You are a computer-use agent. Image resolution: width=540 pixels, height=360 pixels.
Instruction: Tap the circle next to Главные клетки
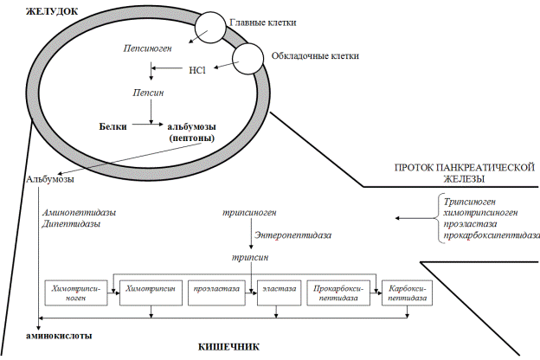tap(210, 27)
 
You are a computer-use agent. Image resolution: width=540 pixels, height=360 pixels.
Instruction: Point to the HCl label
tap(196, 69)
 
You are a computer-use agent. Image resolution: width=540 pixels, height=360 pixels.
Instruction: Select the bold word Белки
tap(113, 127)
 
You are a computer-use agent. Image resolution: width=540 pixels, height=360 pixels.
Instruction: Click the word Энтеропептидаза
tap(292, 234)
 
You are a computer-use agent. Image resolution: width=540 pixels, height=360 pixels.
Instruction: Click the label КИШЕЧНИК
tap(229, 347)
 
